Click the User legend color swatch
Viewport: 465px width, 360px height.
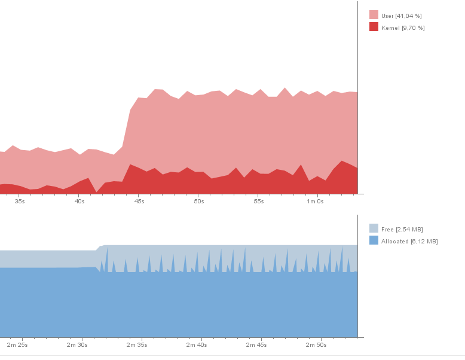pos(374,15)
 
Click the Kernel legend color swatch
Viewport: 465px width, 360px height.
pos(374,27)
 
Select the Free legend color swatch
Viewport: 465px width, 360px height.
pos(374,228)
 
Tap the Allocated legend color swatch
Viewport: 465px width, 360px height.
pos(374,240)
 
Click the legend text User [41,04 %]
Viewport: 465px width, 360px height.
pos(401,16)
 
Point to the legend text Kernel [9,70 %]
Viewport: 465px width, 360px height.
pos(403,28)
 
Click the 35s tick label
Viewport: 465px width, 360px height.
pos(20,202)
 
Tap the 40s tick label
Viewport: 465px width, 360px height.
pos(79,202)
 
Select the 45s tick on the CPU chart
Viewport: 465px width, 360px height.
pos(139,202)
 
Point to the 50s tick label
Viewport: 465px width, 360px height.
pos(199,202)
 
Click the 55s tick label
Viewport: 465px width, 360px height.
pos(259,202)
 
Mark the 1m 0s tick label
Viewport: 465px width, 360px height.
pos(316,202)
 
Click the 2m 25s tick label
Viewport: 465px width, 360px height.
pos(17,344)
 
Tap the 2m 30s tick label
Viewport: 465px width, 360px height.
pos(77,344)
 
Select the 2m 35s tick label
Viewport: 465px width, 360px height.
pos(137,344)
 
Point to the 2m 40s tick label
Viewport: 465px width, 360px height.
pos(197,344)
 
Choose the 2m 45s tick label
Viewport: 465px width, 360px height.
pos(256,344)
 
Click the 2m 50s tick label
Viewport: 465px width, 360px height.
pos(316,344)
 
